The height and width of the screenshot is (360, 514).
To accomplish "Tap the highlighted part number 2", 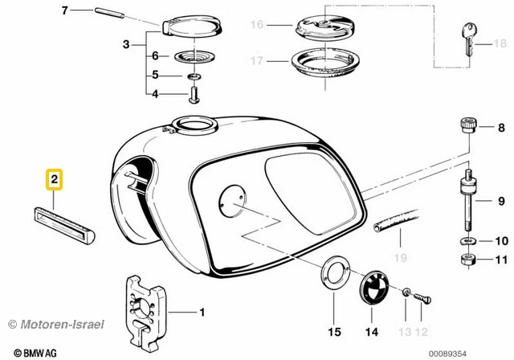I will [x=53, y=181].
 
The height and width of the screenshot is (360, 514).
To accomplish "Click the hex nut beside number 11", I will [x=467, y=260].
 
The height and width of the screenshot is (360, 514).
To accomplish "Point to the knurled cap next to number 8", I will [x=467, y=127].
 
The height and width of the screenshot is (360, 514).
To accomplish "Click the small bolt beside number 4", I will [x=195, y=96].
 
